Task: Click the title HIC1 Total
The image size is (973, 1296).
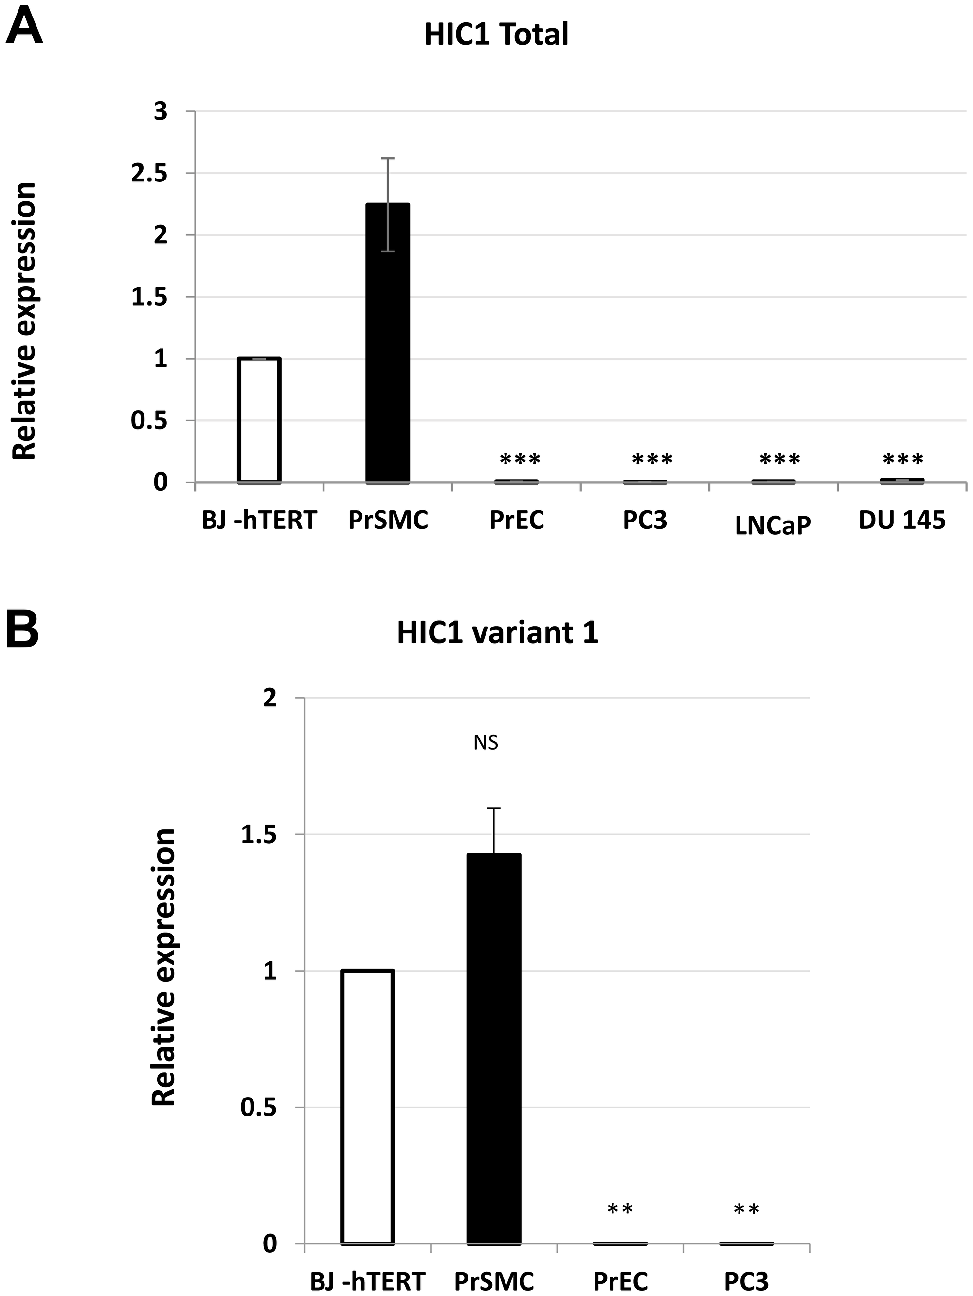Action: pyautogui.click(x=496, y=35)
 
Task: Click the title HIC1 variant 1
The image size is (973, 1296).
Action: pyautogui.click(x=497, y=633)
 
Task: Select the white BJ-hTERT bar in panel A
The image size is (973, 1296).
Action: pyautogui.click(x=259, y=420)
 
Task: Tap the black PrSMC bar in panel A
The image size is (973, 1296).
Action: pyautogui.click(x=387, y=343)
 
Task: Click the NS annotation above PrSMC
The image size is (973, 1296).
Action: pyautogui.click(x=486, y=743)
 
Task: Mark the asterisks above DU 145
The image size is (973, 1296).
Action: pyautogui.click(x=903, y=459)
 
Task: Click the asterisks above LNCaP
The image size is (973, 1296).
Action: pyautogui.click(x=780, y=459)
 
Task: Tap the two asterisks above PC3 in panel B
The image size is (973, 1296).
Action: pyautogui.click(x=746, y=1210)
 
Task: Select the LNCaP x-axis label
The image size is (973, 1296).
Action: pyautogui.click(x=773, y=526)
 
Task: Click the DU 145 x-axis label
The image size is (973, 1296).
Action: pyautogui.click(x=901, y=520)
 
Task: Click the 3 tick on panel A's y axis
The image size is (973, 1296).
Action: pyautogui.click(x=161, y=111)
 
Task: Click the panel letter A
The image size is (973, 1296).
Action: pyautogui.click(x=23, y=26)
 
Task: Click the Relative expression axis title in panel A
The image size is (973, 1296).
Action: pyautogui.click(x=25, y=321)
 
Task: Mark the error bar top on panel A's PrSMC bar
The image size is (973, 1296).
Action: pyautogui.click(x=388, y=158)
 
